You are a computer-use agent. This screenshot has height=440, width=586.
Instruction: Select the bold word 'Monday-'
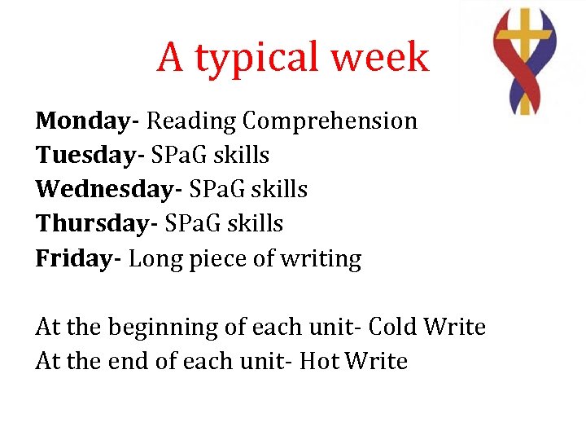tap(88, 121)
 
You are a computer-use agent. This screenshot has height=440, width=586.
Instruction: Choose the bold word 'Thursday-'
tap(97, 223)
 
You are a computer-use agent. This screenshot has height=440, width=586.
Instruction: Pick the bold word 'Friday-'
tap(79, 258)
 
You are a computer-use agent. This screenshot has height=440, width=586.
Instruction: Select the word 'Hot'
tap(319, 361)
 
